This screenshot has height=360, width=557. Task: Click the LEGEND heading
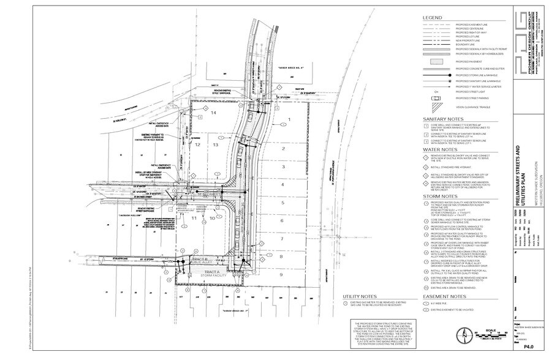coord(432,17)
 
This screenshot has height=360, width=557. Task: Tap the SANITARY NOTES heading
coord(442,119)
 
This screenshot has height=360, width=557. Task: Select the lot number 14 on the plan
coord(214,113)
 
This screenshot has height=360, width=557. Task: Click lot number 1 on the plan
coord(289,120)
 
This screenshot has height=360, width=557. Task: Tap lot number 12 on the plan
coord(197,145)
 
